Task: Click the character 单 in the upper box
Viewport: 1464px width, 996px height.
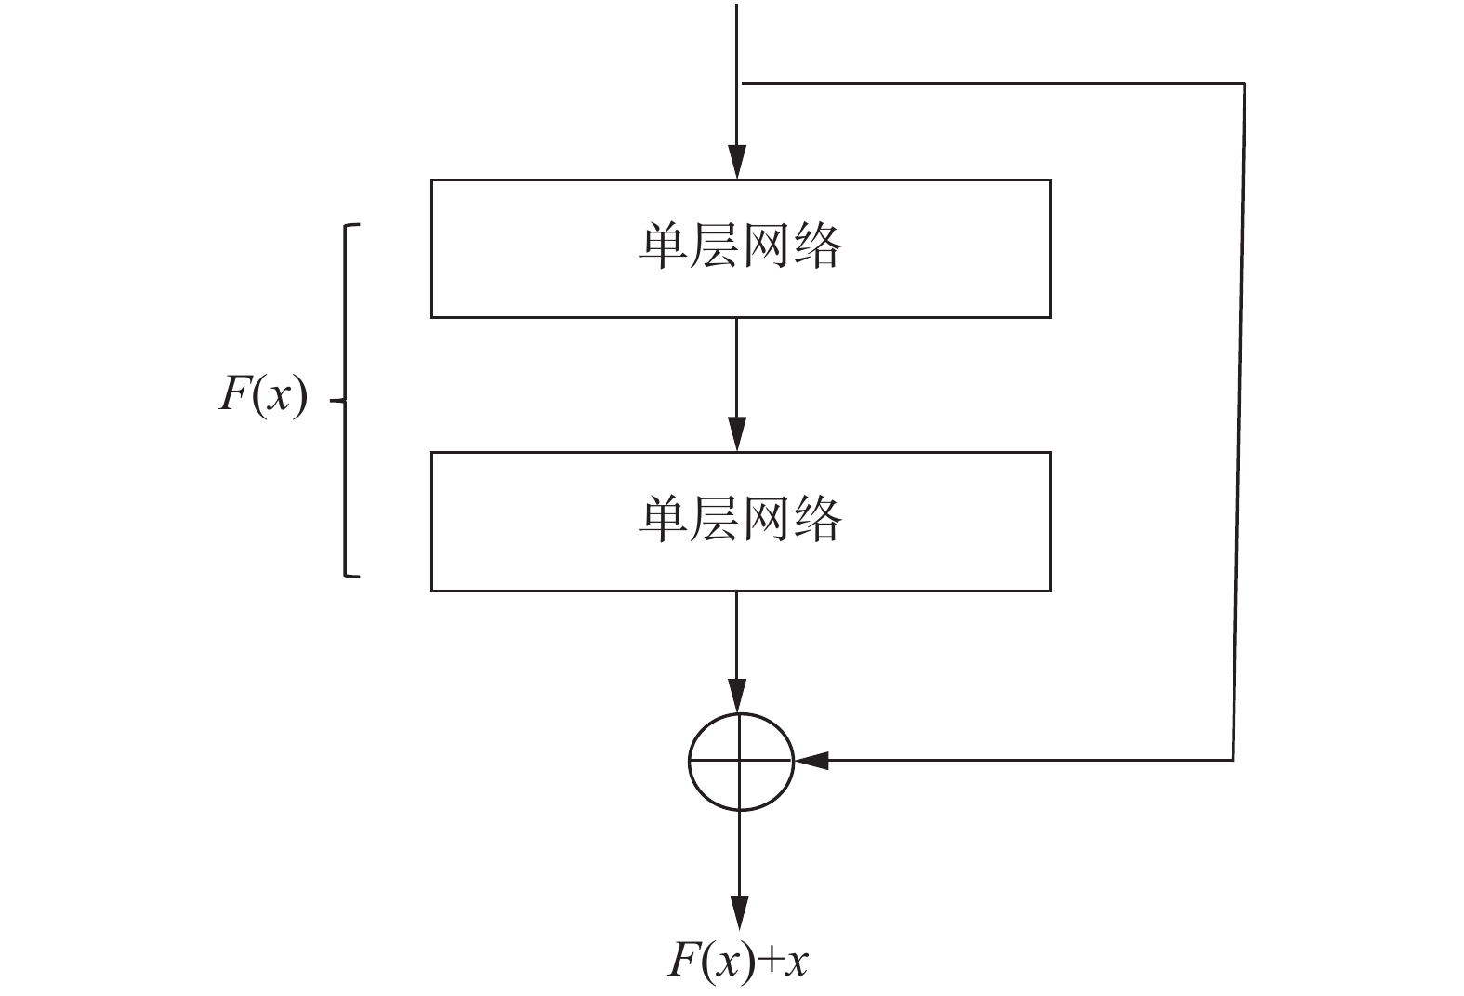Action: coord(662,246)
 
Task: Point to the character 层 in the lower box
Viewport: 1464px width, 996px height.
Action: coord(714,519)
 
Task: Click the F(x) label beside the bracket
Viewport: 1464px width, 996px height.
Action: coord(263,396)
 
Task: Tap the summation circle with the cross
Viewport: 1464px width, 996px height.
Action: coord(740,761)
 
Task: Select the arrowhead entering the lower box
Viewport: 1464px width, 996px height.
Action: coord(736,434)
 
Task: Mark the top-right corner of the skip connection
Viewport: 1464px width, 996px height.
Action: coord(1244,84)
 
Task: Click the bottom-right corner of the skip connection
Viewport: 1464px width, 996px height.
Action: coord(1233,760)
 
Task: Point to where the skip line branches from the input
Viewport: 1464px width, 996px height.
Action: coord(742,84)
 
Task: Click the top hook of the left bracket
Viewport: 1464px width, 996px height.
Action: coord(351,225)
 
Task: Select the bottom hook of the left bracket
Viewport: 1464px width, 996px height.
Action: coord(351,576)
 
